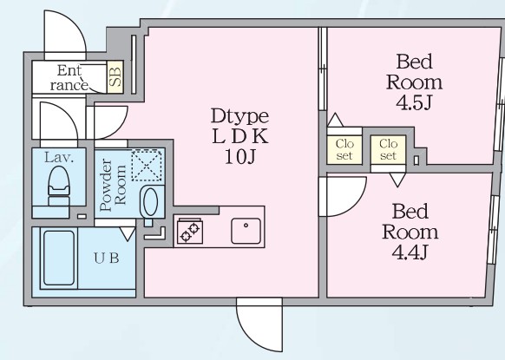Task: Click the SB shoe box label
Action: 115,77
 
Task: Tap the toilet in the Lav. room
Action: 59,186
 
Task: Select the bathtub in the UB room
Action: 59,258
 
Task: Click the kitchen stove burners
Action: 190,231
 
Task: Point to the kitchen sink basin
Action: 246,231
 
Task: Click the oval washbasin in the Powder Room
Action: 150,201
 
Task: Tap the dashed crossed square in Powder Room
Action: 147,165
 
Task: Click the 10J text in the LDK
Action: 240,157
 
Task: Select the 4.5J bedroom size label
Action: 414,103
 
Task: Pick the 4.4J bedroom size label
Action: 410,252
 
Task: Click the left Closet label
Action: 344,150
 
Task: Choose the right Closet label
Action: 388,150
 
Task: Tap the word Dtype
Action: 240,116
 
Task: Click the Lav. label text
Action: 59,158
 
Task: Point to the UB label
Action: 107,258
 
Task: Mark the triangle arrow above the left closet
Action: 335,120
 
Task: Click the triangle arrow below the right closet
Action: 397,180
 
